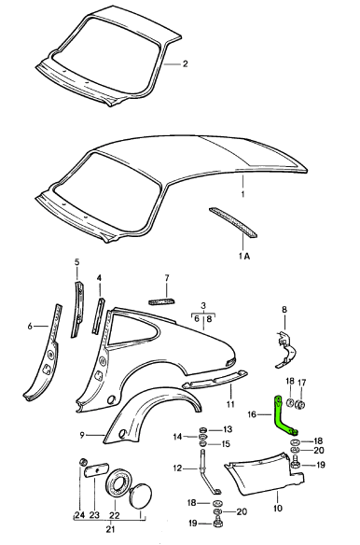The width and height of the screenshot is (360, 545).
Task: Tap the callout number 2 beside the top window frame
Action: pyautogui.click(x=186, y=64)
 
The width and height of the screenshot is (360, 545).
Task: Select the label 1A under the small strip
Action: pyautogui.click(x=244, y=257)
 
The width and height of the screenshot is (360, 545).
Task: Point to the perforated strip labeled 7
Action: pyautogui.click(x=162, y=301)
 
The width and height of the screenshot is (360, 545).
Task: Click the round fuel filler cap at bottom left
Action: pyautogui.click(x=141, y=496)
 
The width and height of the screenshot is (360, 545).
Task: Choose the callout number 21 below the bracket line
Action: pyautogui.click(x=110, y=529)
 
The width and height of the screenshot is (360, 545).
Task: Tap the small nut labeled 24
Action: pyautogui.click(x=83, y=462)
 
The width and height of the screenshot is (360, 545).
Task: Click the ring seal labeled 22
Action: pyautogui.click(x=118, y=482)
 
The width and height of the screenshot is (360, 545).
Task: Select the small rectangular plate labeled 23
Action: pyautogui.click(x=97, y=470)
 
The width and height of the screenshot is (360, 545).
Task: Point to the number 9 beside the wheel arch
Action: pyautogui.click(x=82, y=435)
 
